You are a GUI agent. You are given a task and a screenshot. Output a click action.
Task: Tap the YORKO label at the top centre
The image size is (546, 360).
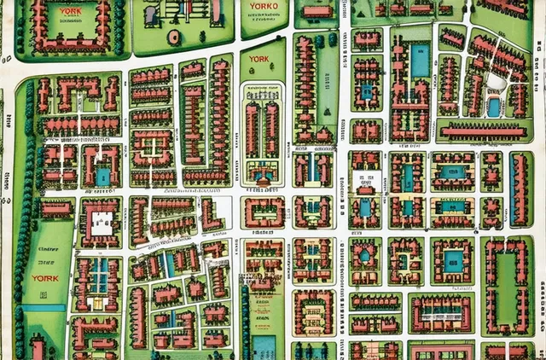pyautogui.click(x=260, y=7)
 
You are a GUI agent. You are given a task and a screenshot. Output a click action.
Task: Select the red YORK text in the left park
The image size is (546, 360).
pyautogui.click(x=44, y=278)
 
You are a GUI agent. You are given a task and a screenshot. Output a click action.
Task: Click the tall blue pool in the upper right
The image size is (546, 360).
pyautogui.click(x=419, y=60)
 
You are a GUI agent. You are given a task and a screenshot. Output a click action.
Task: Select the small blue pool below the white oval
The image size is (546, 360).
pyautogui.click(x=493, y=107)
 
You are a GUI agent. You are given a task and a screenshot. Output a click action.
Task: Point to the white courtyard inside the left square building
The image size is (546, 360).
pyautogui.click(x=102, y=224)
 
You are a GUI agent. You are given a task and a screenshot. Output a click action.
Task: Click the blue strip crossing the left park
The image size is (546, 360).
pyautogui.click(x=44, y=307)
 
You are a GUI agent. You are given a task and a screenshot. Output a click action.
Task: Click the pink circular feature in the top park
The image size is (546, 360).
pyautogui.click(x=174, y=37)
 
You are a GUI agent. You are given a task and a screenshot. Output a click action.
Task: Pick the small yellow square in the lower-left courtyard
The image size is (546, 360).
pyautogui.click(x=96, y=303)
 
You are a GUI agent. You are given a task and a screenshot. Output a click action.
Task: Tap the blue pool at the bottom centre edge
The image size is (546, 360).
pyautogui.click(x=265, y=346)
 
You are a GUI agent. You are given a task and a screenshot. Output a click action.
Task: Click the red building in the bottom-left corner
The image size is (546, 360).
pyautogui.click(x=38, y=348)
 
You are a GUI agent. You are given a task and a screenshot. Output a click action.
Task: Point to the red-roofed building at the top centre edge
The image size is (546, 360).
pyautogui.click(x=317, y=11)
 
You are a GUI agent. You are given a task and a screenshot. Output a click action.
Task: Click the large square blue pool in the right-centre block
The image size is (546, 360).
pyautogui.click(x=453, y=260)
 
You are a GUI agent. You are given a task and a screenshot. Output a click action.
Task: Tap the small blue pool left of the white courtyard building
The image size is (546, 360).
pyautogui.click(x=102, y=177)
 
